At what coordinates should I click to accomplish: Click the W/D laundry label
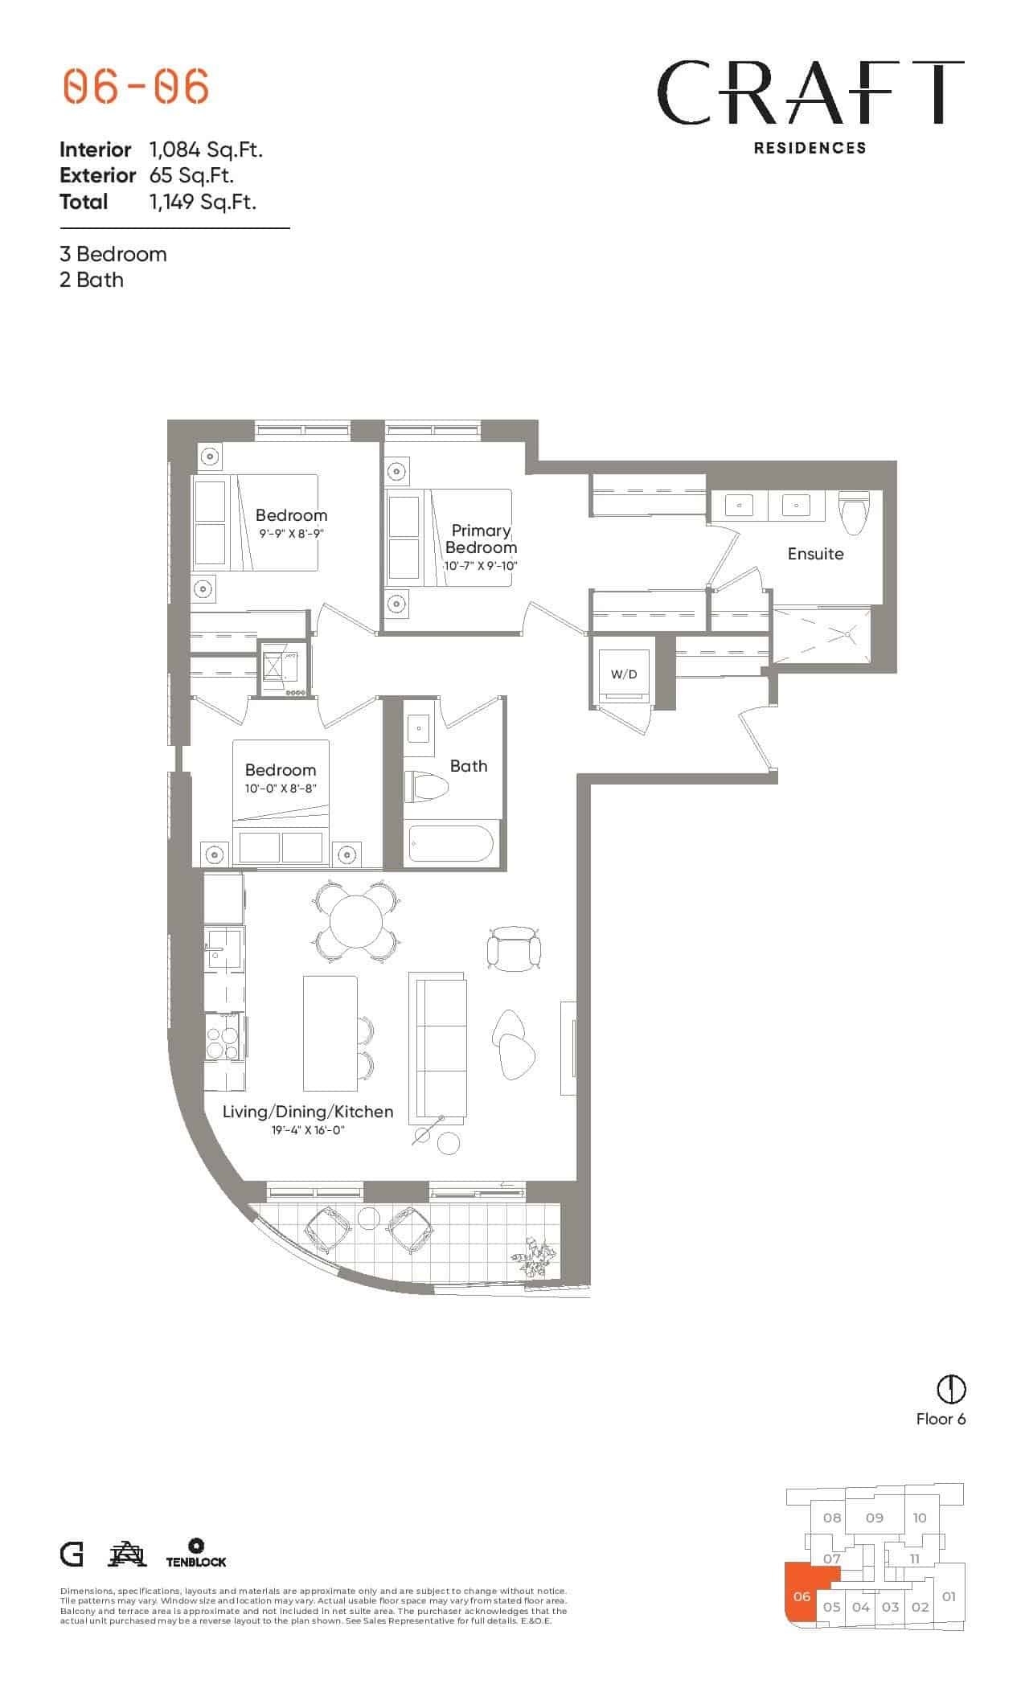pyautogui.click(x=623, y=674)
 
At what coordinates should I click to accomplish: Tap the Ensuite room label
pyautogui.click(x=815, y=554)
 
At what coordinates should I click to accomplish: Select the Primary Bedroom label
pyautogui.click(x=481, y=539)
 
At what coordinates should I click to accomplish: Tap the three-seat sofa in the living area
pyautogui.click(x=437, y=1048)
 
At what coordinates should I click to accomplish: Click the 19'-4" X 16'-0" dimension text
pyautogui.click(x=308, y=1131)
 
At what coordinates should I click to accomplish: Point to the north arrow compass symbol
pyautogui.click(x=951, y=1388)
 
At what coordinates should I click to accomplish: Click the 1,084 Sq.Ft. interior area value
pyautogui.click(x=206, y=150)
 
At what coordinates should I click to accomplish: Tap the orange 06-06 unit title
pyautogui.click(x=136, y=86)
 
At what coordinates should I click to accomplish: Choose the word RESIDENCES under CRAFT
pyautogui.click(x=810, y=148)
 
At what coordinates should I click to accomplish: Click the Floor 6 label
pyautogui.click(x=941, y=1419)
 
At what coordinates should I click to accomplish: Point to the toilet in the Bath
pyautogui.click(x=424, y=785)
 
